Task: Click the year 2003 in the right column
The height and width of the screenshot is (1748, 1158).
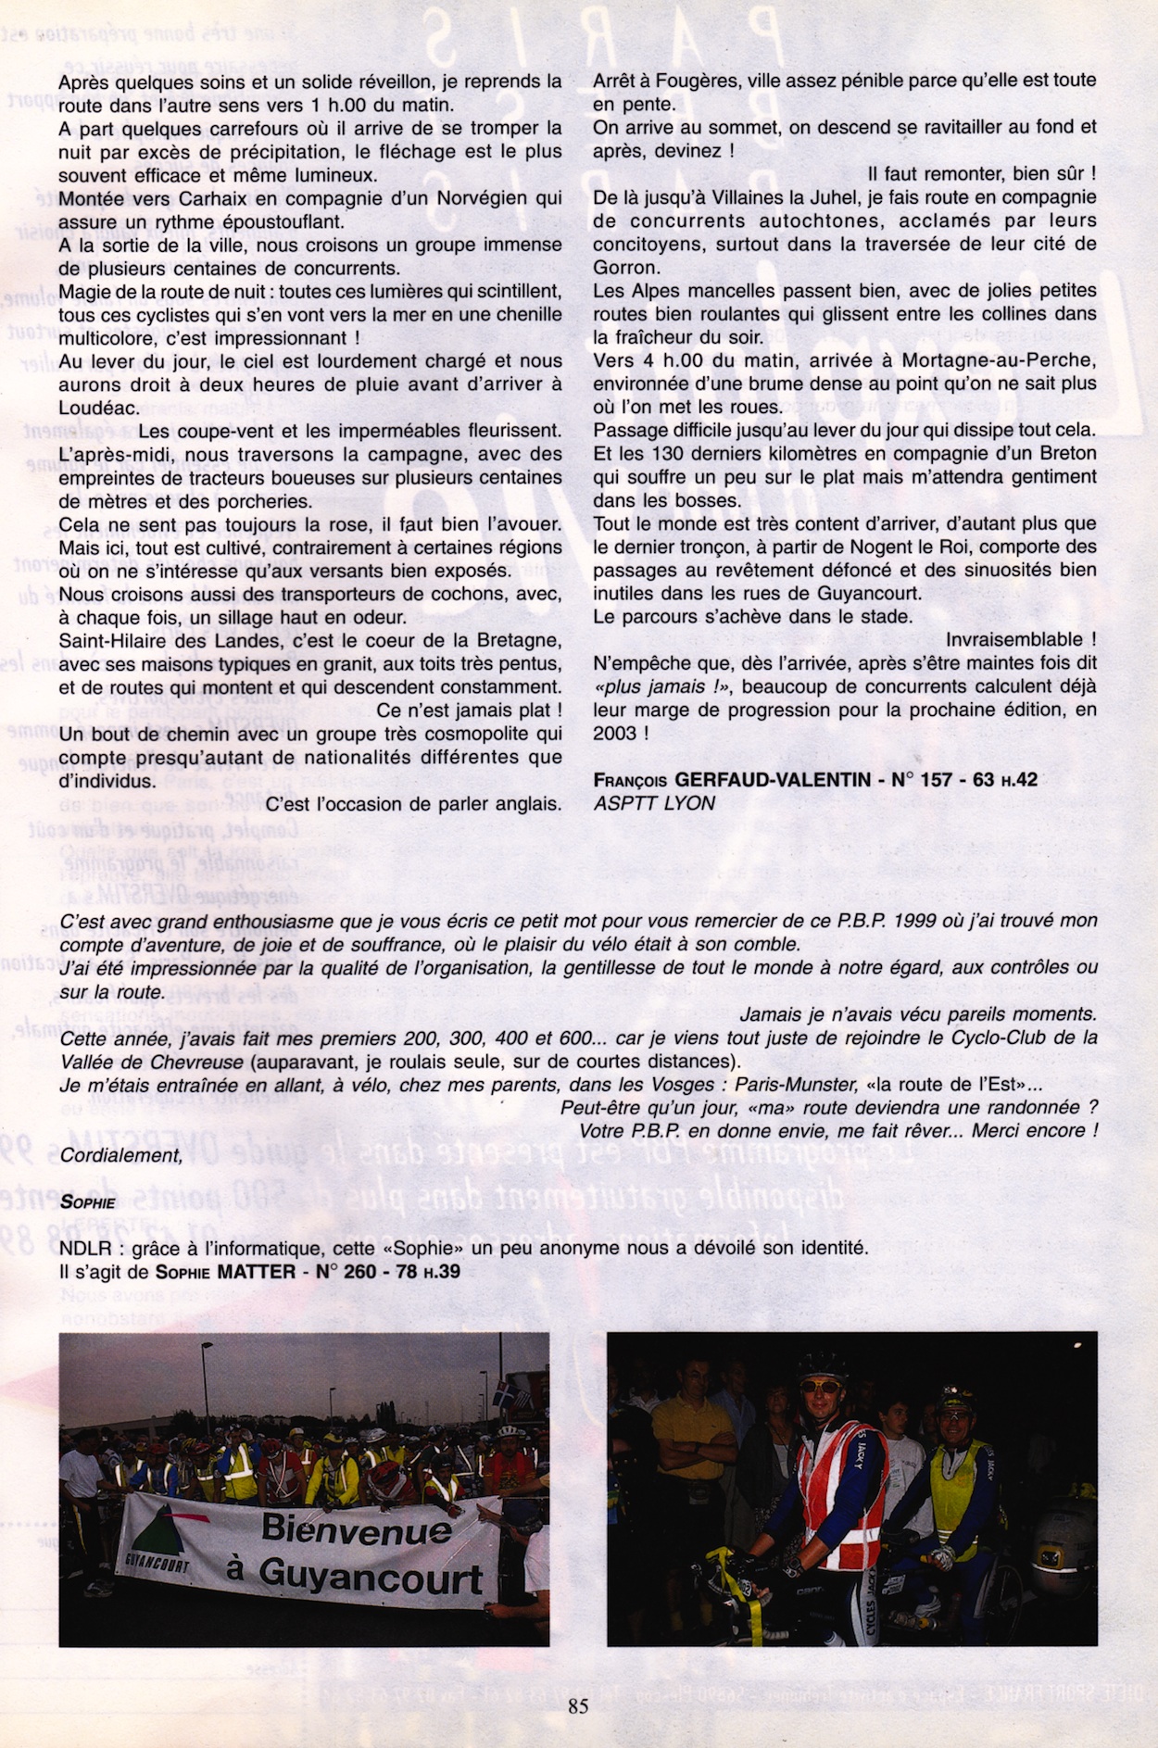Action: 614,733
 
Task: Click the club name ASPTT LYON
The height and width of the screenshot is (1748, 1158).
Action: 654,803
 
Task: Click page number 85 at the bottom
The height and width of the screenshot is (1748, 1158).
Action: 579,1706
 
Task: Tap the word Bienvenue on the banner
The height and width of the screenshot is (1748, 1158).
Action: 358,1528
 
